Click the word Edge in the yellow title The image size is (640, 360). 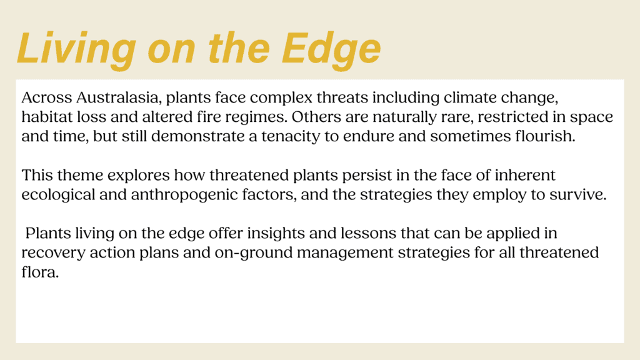pyautogui.click(x=331, y=49)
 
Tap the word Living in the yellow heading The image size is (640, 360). pyautogui.click(x=76, y=49)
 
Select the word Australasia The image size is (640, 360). pyautogui.click(x=119, y=98)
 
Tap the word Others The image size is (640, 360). pyautogui.click(x=316, y=117)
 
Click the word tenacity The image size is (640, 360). pyautogui.click(x=291, y=137)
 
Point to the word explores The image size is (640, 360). pyautogui.click(x=138, y=176)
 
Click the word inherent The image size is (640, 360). pyautogui.click(x=525, y=175)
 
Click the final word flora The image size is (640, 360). pyautogui.click(x=40, y=272)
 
